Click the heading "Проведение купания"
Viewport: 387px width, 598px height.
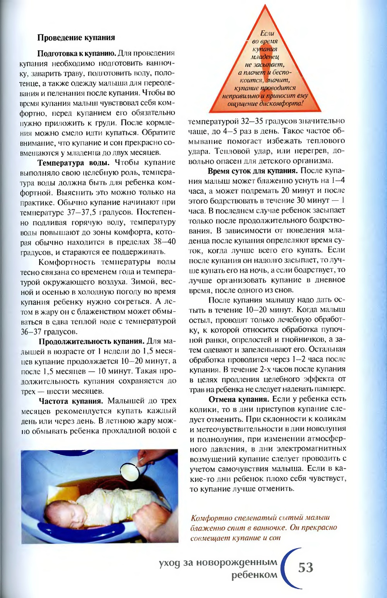point(76,38)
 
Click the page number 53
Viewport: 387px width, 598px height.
point(306,567)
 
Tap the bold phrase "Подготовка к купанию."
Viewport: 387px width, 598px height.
point(77,53)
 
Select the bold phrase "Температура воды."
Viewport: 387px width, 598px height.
point(74,162)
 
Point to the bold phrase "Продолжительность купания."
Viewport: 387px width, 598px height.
point(91,341)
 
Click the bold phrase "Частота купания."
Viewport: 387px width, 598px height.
point(71,401)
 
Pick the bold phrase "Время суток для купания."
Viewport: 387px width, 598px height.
point(253,171)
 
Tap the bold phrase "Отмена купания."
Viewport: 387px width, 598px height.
point(239,399)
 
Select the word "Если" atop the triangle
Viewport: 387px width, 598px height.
point(267,33)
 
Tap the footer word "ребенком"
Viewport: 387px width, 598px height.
point(254,575)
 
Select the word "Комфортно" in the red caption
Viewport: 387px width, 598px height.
point(211,518)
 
